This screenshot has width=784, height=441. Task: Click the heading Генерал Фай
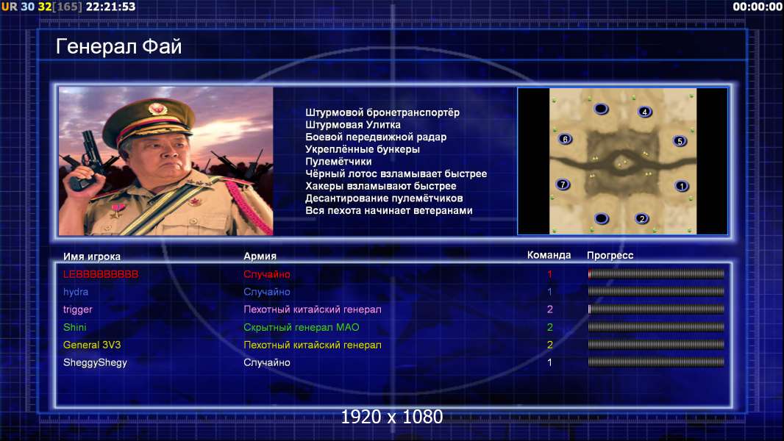click(x=118, y=46)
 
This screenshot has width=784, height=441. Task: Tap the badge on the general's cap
click(x=157, y=109)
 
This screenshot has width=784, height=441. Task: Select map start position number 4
click(x=645, y=112)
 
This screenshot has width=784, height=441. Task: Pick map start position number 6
click(x=565, y=139)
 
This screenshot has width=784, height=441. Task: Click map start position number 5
click(x=680, y=141)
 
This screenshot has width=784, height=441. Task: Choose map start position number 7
click(x=563, y=184)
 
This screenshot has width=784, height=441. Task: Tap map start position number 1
click(x=682, y=186)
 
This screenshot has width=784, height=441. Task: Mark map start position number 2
click(x=642, y=218)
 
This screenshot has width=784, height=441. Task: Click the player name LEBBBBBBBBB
click(x=101, y=274)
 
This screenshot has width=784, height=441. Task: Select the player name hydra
click(x=76, y=292)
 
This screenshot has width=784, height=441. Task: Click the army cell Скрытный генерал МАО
click(x=301, y=327)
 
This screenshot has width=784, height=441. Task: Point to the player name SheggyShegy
click(x=95, y=362)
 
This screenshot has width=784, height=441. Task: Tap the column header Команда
click(x=549, y=255)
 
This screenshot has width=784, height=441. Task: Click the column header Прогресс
click(x=610, y=255)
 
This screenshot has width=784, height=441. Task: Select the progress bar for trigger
click(x=656, y=309)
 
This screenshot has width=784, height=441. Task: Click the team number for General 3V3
click(x=549, y=345)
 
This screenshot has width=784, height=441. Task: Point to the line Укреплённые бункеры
click(x=363, y=149)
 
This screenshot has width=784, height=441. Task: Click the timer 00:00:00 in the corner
click(x=758, y=7)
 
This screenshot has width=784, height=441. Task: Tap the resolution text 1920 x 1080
click(x=392, y=417)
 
